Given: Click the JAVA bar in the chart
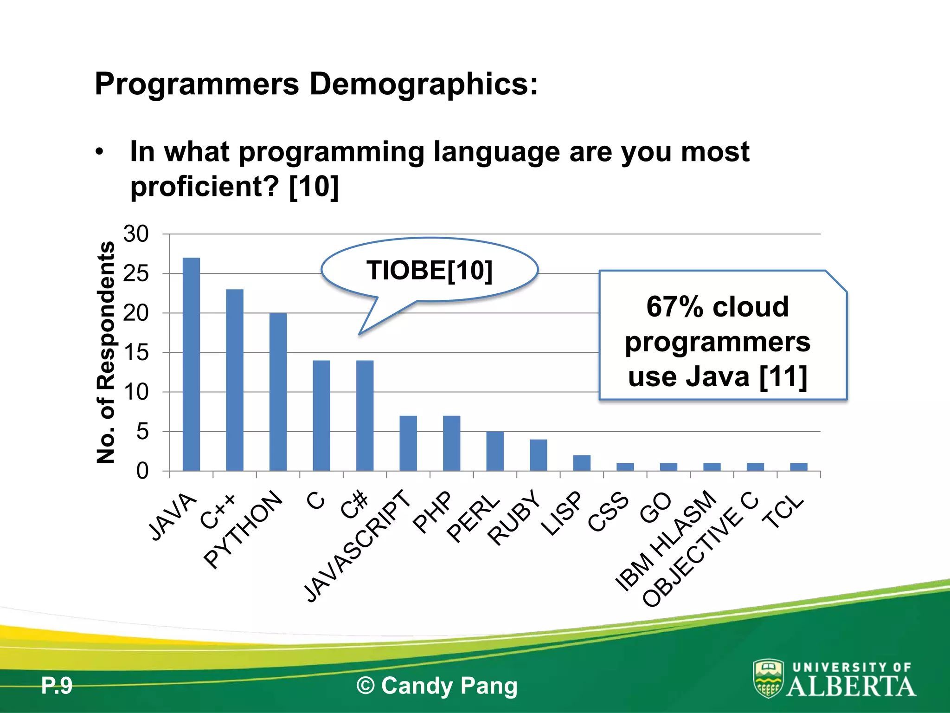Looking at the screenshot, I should click(x=191, y=364).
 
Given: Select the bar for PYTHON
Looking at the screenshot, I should click(x=278, y=392).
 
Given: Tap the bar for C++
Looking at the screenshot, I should click(x=234, y=380).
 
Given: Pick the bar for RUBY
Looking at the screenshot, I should click(x=538, y=455).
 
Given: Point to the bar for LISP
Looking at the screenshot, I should click(x=582, y=463).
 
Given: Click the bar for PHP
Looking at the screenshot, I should click(x=451, y=443).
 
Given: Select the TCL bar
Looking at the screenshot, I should click(x=799, y=467).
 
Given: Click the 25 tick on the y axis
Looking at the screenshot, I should click(x=136, y=274).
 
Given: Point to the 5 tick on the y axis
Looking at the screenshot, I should click(x=142, y=432).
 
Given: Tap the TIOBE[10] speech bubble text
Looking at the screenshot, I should click(x=429, y=270).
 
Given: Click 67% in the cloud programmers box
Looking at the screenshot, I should click(x=674, y=307).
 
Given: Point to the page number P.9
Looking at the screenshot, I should click(x=57, y=686).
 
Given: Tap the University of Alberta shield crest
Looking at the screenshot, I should click(x=768, y=678).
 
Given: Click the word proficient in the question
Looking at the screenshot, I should click(x=205, y=187).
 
